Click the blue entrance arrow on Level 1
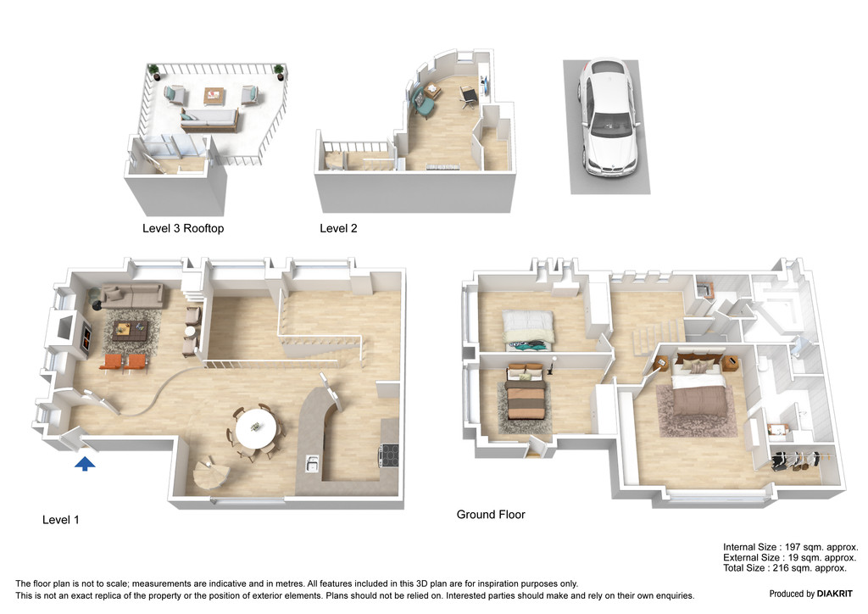coord(85,463)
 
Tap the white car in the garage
coord(609,117)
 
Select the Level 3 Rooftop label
coord(183,228)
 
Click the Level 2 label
coord(338,228)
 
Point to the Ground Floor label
coord(491,514)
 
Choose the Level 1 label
coord(60,520)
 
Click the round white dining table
coord(256,428)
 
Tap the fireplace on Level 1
coord(87,337)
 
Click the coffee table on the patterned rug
coord(129,332)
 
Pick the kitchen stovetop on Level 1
coord(388,455)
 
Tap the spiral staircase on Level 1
coord(210,473)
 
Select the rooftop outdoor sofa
coord(209,120)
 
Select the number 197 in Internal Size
coord(793,547)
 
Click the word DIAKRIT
coord(835,594)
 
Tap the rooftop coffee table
coord(214,96)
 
